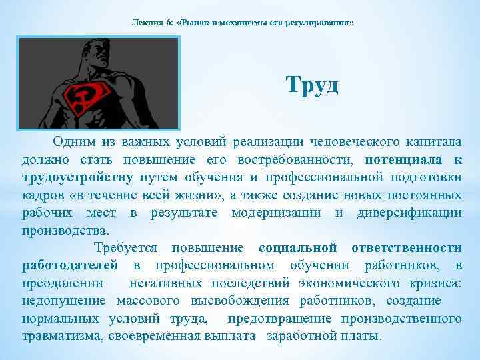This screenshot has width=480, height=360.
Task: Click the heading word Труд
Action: (x=312, y=85)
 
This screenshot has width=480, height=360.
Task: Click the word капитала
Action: (x=431, y=143)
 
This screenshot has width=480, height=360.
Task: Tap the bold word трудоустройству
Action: (x=77, y=177)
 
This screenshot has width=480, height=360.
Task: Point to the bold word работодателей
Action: (x=70, y=265)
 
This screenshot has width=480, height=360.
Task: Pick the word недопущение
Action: (x=63, y=300)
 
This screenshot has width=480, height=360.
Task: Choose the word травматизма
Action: (x=61, y=335)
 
